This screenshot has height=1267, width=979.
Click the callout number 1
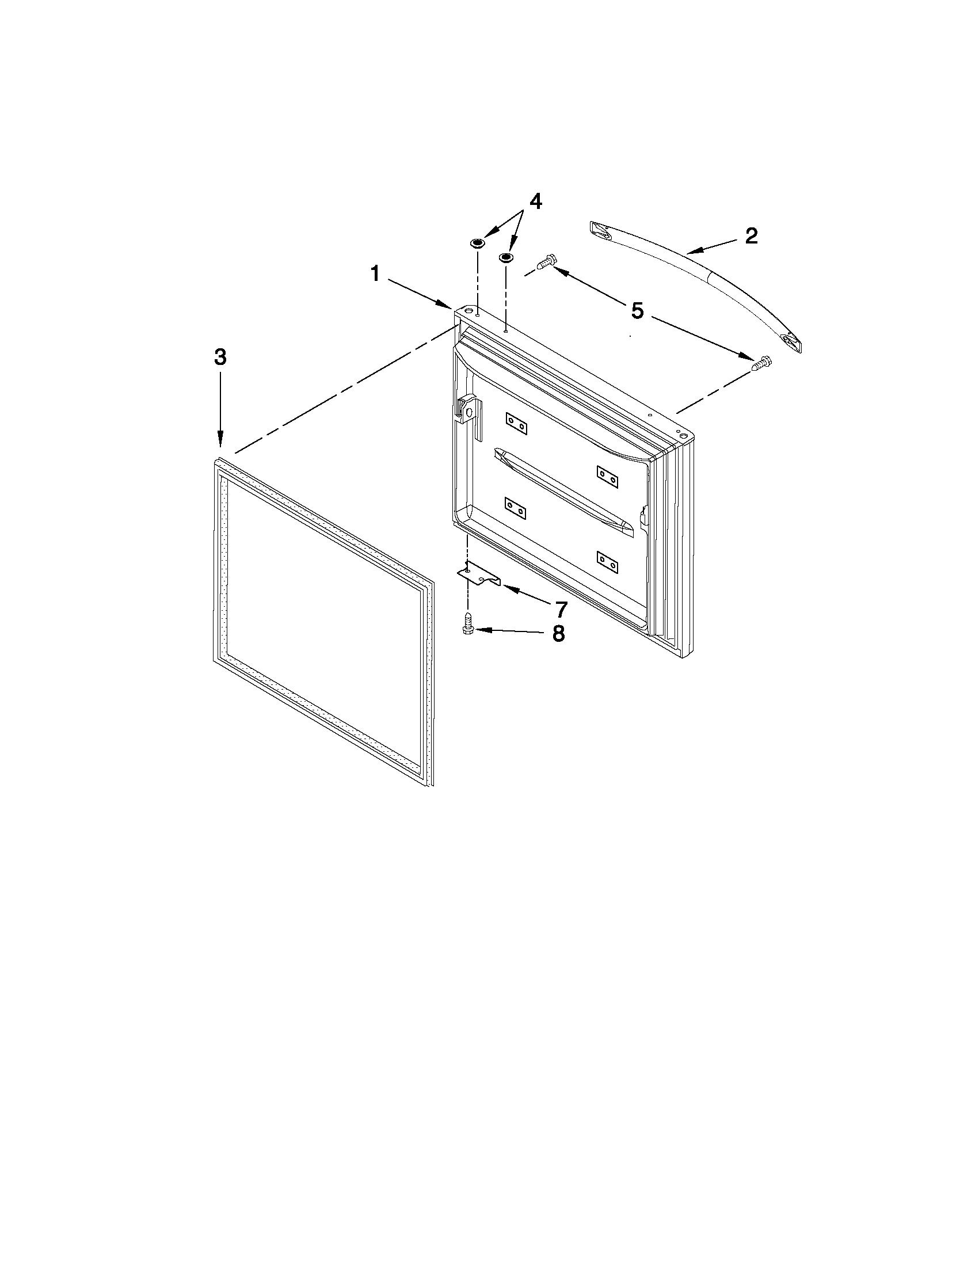click(375, 273)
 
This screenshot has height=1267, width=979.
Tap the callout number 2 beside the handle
click(751, 236)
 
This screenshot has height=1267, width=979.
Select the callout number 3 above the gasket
click(220, 357)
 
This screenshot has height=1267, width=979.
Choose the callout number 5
click(637, 311)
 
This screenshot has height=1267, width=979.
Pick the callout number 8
click(558, 633)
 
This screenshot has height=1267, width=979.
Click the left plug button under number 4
click(477, 242)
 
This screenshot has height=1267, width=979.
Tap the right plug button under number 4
click(506, 256)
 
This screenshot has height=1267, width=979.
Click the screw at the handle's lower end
click(760, 363)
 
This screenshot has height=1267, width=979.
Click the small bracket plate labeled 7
click(478, 575)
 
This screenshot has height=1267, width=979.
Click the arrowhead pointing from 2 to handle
click(694, 251)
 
